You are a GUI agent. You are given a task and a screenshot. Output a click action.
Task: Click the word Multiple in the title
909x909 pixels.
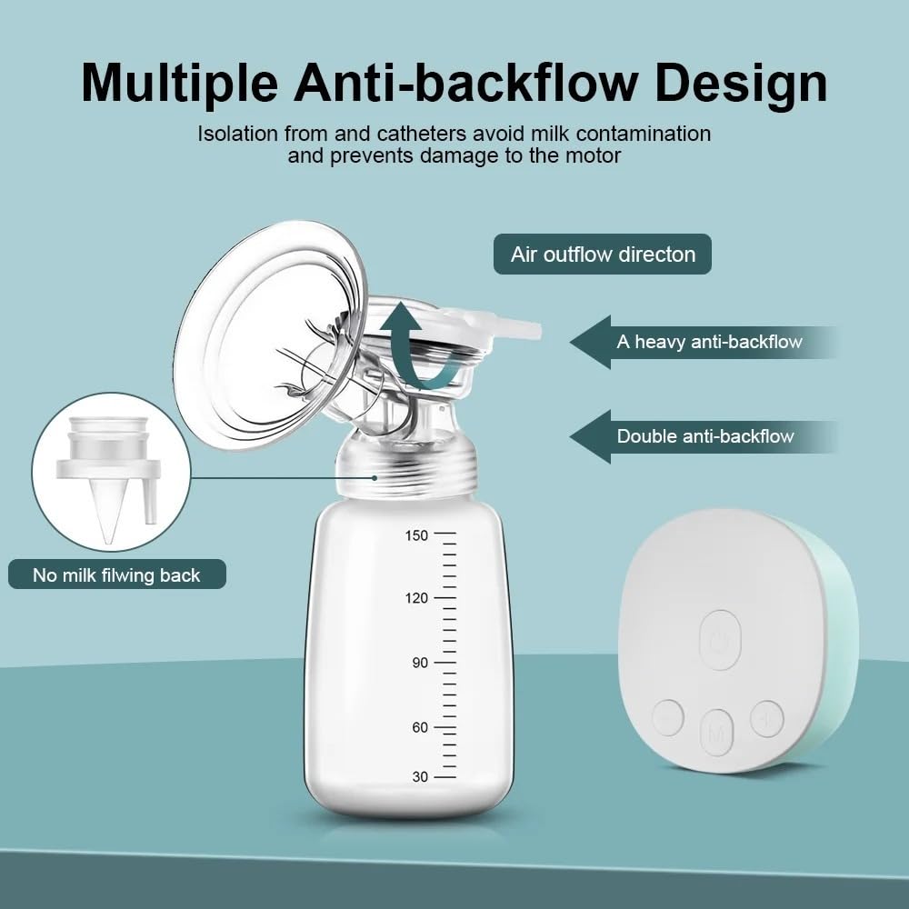click(x=180, y=84)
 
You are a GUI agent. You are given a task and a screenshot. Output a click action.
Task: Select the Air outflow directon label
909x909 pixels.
click(x=603, y=254)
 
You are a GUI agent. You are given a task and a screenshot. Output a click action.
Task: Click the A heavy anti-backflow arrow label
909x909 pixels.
click(x=704, y=342)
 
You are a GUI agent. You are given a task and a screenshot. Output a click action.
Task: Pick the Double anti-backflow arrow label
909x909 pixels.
click(x=704, y=436)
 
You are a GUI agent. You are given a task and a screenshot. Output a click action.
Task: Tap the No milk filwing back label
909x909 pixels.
click(x=117, y=574)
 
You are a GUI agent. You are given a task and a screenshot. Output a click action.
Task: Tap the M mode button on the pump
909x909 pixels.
click(x=717, y=733)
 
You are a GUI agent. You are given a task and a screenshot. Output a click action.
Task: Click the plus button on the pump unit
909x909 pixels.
click(x=767, y=719)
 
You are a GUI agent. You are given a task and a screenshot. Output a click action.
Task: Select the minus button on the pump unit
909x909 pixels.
click(x=668, y=718)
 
